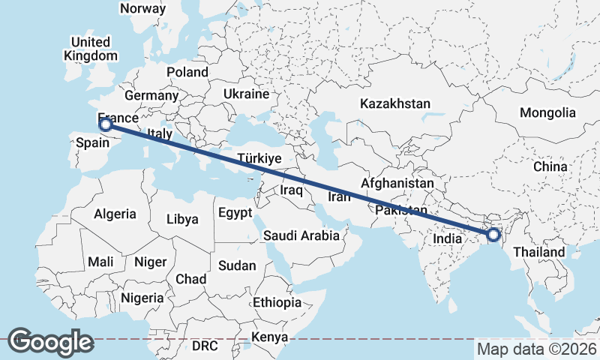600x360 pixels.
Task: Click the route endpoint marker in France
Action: click(106, 124)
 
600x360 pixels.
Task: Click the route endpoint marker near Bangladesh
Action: click(493, 235)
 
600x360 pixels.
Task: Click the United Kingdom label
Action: click(91, 49)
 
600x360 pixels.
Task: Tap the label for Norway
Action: click(142, 8)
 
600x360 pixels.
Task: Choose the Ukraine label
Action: click(245, 94)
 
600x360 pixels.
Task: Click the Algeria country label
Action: click(115, 214)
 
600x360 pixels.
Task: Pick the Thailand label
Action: click(539, 252)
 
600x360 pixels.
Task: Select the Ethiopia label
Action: click(277, 302)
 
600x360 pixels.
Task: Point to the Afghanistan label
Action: click(397, 183)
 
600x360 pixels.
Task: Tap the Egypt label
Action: click(235, 213)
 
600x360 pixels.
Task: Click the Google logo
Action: click(50, 342)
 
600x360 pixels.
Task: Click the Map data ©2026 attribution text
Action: click(537, 349)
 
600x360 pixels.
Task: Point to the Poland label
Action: click(187, 72)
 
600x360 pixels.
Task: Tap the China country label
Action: click(550, 166)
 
